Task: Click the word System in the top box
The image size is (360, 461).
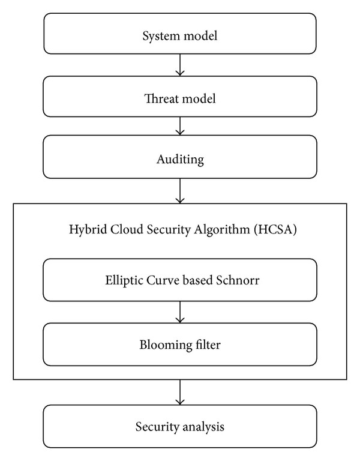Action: click(161, 36)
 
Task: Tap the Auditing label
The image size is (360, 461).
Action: click(180, 160)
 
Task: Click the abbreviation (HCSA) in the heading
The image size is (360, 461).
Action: click(275, 229)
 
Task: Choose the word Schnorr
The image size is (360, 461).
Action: click(238, 280)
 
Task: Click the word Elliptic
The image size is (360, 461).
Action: click(124, 280)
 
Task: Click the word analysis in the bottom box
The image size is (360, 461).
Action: click(203, 427)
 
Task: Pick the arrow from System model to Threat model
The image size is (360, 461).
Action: click(180, 65)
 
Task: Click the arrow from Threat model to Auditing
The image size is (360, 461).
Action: click(180, 126)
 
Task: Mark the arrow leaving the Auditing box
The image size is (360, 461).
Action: click(180, 191)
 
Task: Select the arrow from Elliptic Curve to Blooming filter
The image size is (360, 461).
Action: click(180, 312)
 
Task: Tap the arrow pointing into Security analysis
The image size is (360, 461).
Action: click(180, 392)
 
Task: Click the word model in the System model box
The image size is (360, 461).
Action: click(200, 36)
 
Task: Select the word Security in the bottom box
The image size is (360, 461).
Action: click(157, 427)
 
